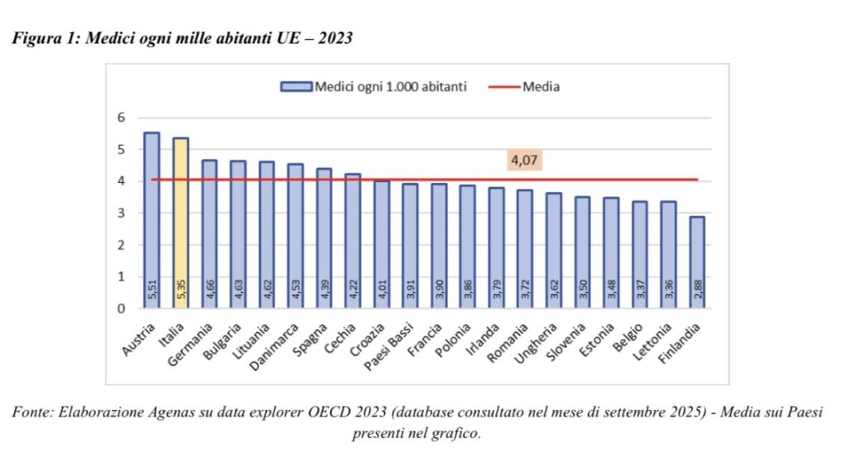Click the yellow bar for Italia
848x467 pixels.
[x=180, y=223]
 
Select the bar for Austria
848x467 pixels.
[x=152, y=220]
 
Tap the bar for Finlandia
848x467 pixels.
[x=697, y=262]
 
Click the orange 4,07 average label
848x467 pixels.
[x=525, y=161]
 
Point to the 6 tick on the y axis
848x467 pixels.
[x=121, y=118]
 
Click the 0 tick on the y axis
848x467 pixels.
[x=121, y=309]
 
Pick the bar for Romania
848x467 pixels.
[x=524, y=249]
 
